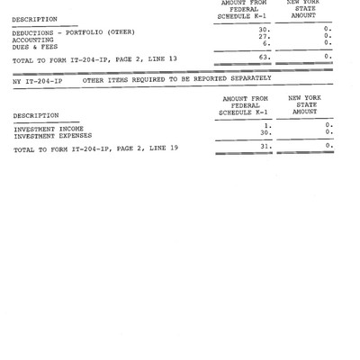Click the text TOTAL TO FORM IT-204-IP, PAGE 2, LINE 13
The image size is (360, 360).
87,59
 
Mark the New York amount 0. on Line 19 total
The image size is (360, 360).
328,146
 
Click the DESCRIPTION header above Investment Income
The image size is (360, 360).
36,115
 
